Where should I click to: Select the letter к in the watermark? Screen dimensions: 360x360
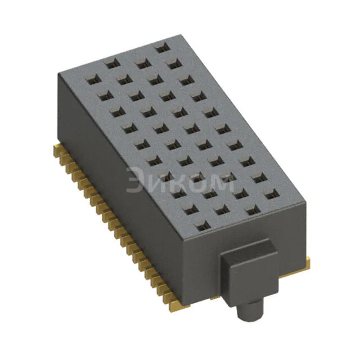pos(178,183)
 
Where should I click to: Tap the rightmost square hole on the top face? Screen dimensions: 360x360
pos(271,195)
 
